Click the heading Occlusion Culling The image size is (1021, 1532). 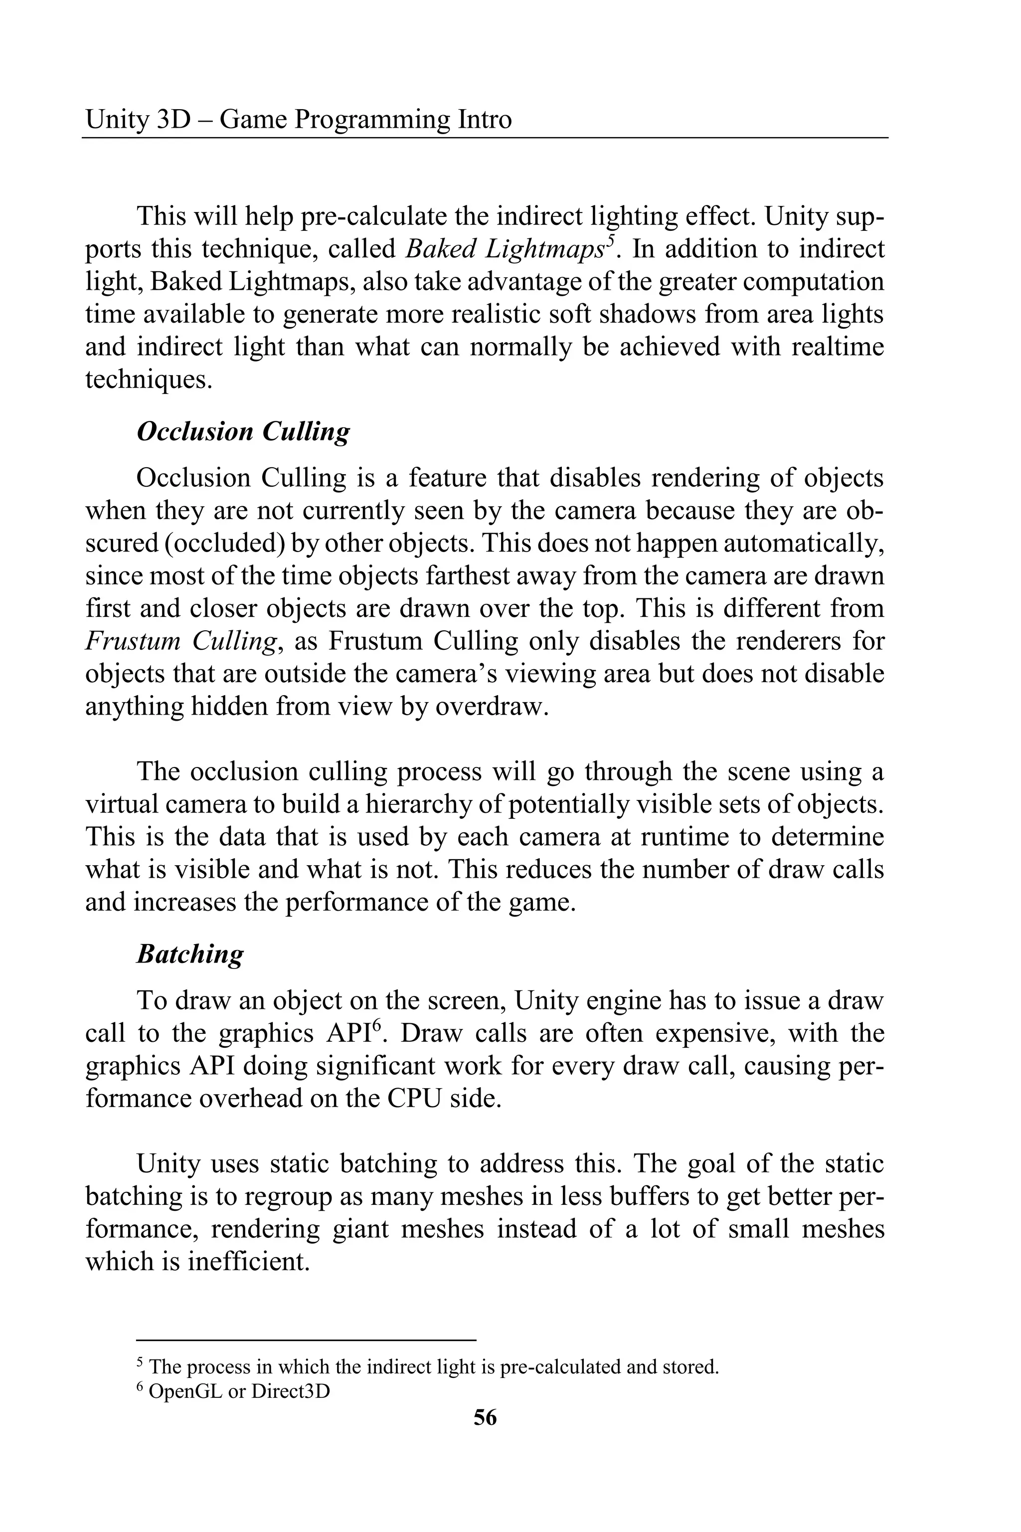243,432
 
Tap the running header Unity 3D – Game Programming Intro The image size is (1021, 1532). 298,119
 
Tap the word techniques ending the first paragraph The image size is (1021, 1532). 149,380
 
